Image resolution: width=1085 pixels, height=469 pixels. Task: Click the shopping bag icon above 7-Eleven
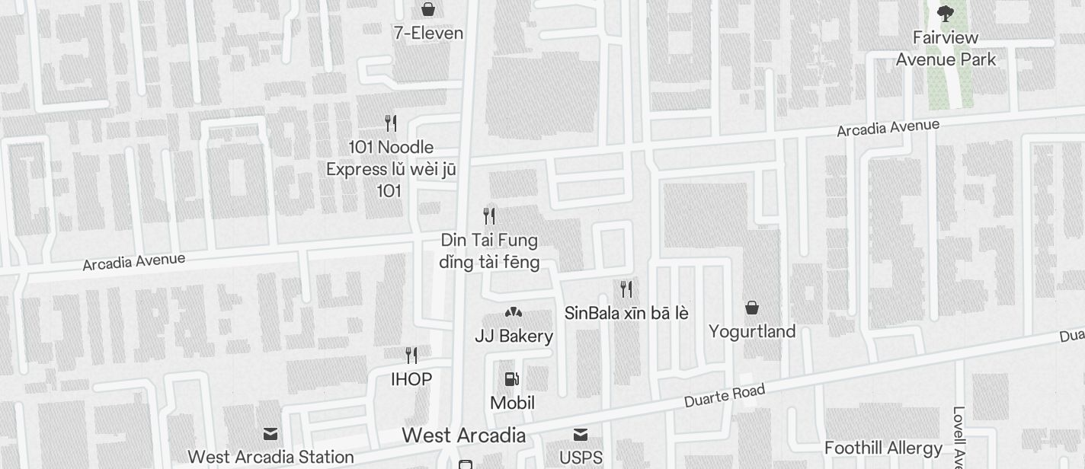(428, 9)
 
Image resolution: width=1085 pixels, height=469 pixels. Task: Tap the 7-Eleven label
(428, 33)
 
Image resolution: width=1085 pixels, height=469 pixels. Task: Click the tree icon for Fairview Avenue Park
(946, 14)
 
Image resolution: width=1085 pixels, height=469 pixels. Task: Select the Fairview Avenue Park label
(946, 48)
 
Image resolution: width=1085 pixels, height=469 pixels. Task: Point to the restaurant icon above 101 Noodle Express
(391, 123)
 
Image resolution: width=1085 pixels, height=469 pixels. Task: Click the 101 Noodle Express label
(391, 168)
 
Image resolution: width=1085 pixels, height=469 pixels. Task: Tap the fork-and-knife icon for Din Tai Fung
(489, 216)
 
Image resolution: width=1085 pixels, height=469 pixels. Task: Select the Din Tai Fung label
(489, 251)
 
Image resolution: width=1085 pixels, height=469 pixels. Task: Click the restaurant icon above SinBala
(626, 289)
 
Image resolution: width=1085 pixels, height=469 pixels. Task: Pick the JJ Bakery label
(514, 336)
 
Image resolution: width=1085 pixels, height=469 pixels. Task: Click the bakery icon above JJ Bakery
(514, 312)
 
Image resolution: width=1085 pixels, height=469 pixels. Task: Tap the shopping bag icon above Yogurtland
(752, 308)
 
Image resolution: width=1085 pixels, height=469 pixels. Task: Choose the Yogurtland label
(752, 331)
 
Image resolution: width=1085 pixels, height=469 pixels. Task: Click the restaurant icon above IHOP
(411, 356)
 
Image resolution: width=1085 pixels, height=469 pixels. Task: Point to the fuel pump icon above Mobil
(512, 379)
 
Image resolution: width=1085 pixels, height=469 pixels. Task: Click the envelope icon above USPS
(581, 435)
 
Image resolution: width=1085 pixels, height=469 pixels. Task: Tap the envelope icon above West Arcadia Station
(270, 434)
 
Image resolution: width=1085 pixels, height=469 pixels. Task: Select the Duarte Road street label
(724, 394)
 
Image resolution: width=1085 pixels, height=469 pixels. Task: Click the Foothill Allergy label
(883, 448)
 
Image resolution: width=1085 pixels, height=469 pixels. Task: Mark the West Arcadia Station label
(270, 457)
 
